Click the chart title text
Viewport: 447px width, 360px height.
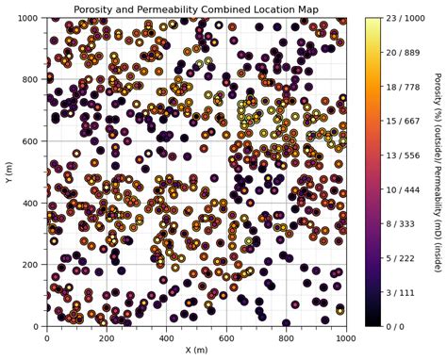click(196, 9)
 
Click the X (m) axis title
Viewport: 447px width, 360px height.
click(196, 351)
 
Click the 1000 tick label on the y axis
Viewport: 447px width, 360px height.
click(30, 18)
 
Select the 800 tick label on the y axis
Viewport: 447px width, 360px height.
click(33, 79)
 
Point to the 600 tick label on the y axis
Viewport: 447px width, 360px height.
click(33, 141)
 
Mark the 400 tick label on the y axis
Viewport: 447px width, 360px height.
click(33, 203)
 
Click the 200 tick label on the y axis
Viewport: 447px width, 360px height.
click(33, 265)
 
